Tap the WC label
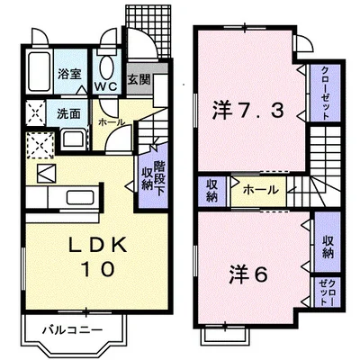106,88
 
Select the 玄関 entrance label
138,79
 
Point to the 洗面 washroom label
68,114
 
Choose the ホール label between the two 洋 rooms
259,190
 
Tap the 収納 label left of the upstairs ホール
211,190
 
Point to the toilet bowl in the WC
106,66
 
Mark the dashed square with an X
39,142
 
